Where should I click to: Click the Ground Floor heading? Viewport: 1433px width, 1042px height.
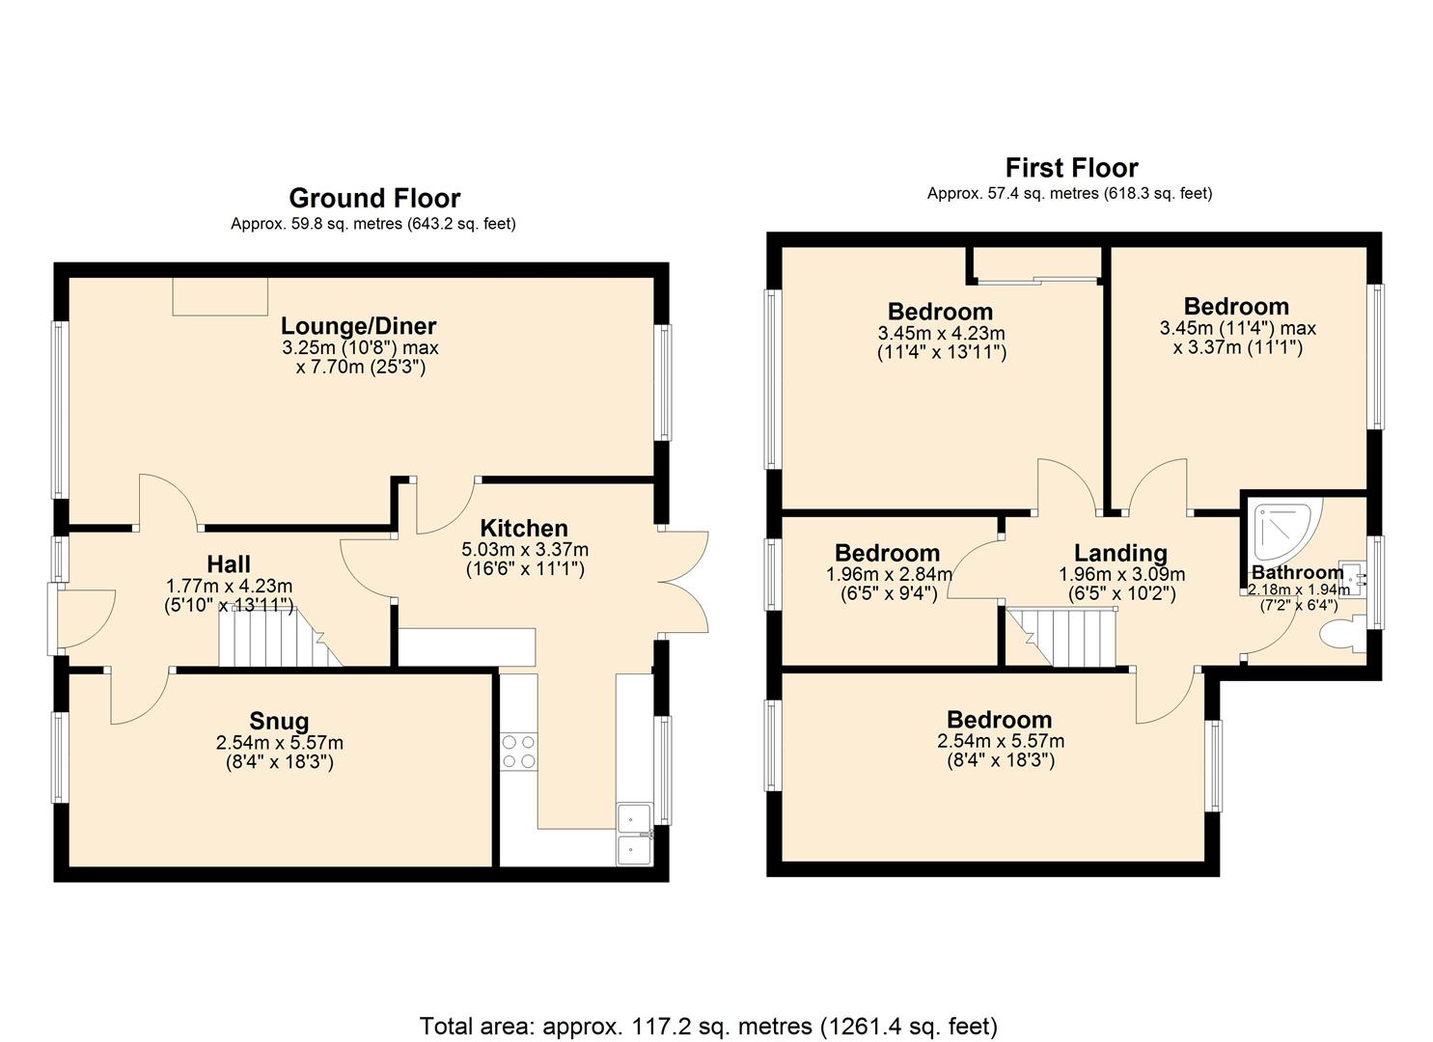[x=374, y=199]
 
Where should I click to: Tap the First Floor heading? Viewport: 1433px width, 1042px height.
[x=1071, y=168]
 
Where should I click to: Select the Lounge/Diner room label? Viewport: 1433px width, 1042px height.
[x=359, y=326]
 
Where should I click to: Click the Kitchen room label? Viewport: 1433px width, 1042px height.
[x=524, y=529]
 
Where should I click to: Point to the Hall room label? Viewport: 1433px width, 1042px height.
[x=229, y=564]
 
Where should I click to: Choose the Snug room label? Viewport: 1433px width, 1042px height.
[x=279, y=721]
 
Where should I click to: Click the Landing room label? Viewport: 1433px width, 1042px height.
[x=1120, y=553]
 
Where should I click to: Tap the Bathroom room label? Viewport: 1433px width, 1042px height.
[x=1297, y=572]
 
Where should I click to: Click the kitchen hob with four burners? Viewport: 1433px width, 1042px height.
[x=518, y=752]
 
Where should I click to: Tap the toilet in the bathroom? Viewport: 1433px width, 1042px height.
[x=1341, y=636]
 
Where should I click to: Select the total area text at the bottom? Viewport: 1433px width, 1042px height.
[x=708, y=1026]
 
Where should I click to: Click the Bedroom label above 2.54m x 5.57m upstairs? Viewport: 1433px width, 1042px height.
[x=999, y=720]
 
